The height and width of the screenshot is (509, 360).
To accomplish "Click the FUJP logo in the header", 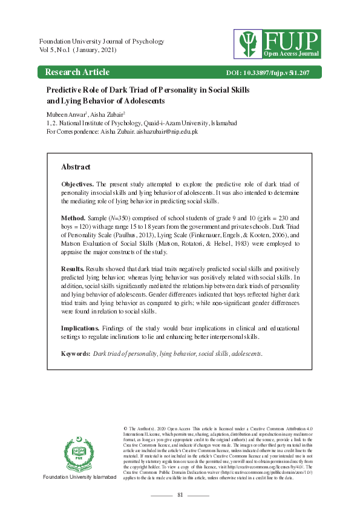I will [x=278, y=42].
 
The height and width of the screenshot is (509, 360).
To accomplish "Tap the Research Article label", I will [x=77, y=73].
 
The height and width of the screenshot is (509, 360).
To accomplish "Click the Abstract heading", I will [x=76, y=166].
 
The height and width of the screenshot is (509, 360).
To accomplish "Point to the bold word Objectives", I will [x=77, y=183].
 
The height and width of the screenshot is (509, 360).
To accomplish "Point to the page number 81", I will [x=180, y=495].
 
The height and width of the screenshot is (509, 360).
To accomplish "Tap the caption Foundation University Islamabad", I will [x=79, y=478].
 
